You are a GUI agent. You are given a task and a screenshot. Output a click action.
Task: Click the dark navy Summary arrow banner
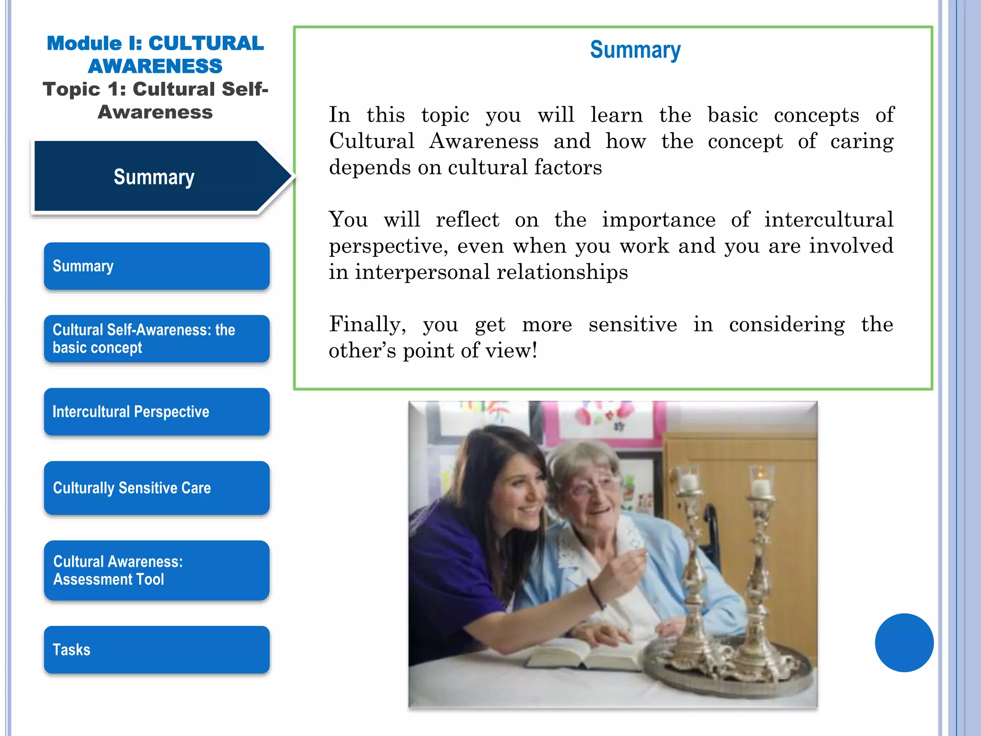[x=153, y=177]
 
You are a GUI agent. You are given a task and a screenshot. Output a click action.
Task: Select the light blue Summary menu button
[x=157, y=266]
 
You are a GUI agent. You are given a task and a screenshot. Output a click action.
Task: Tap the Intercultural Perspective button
[x=157, y=412]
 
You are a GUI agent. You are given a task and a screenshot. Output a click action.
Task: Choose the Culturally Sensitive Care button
[x=157, y=488]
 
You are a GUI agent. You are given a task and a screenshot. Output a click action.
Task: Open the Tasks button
[x=157, y=650]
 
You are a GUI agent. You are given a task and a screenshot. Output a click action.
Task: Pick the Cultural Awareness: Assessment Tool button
[x=157, y=570]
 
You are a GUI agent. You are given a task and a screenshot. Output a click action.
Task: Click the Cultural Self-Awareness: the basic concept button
[x=157, y=339]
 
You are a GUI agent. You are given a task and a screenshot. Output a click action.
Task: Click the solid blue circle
[x=904, y=643]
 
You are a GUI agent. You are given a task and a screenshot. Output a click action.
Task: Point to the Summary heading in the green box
[x=635, y=50]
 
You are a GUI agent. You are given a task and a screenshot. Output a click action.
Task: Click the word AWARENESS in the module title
[x=155, y=66]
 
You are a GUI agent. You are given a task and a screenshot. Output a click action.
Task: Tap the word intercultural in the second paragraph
[x=829, y=220]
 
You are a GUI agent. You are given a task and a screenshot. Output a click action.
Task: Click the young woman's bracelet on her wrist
[x=596, y=594]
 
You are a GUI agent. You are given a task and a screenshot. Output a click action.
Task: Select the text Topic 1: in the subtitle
[x=84, y=90]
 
